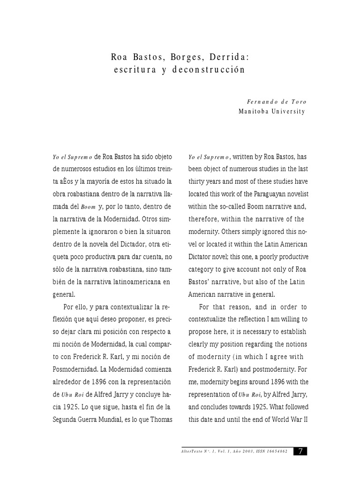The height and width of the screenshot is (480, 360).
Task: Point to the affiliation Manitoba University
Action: pyautogui.click(x=272, y=112)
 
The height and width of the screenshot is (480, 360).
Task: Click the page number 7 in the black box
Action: pyautogui.click(x=300, y=451)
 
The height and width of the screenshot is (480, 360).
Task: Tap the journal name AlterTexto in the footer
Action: pyautogui.click(x=189, y=451)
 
